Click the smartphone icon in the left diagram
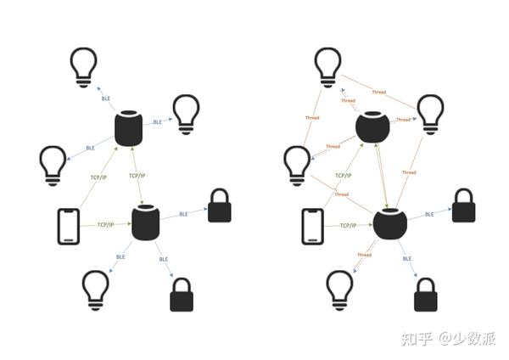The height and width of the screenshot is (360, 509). point(69,227)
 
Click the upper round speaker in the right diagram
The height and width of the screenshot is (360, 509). point(372,127)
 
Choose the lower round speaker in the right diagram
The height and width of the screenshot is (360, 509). point(389,223)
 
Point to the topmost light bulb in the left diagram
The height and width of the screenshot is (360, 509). point(83,66)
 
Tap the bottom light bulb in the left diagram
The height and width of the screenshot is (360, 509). point(95,290)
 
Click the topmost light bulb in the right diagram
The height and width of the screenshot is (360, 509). point(327,66)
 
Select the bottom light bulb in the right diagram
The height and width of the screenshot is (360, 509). point(340,290)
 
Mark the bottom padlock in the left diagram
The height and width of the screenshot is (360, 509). point(182,295)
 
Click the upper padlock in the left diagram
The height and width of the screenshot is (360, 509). point(219,206)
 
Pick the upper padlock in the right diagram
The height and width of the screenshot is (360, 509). point(463,206)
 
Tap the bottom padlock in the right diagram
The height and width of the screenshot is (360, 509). point(426,295)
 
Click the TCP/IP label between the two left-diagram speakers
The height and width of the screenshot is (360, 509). point(138,175)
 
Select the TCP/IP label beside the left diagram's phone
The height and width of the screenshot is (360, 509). point(105,225)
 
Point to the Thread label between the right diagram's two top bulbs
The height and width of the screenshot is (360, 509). point(379,92)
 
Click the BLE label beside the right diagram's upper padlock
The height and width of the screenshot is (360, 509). point(429,214)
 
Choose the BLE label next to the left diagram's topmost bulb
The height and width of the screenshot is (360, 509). point(106,98)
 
